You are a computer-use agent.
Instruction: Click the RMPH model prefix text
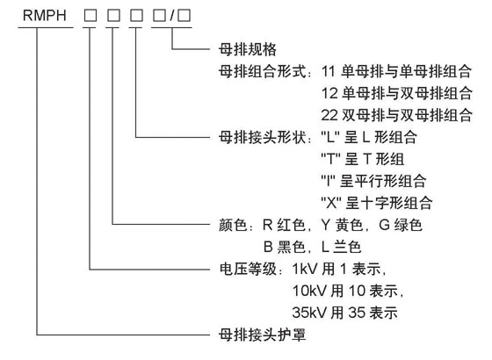pos(45,16)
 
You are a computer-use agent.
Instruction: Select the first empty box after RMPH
pos(90,16)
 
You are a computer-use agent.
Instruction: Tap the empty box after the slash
pos(184,16)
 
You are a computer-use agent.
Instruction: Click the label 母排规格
pos(248,49)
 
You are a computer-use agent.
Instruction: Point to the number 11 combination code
pos(329,71)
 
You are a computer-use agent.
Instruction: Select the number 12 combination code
pos(329,93)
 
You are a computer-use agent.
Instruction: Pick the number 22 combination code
pos(329,115)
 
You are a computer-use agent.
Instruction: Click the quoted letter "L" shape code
pos(330,137)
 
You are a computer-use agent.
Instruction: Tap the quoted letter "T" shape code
pos(330,159)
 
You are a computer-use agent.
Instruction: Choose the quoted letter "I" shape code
pos(329,181)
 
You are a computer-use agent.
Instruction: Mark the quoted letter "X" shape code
pos(331,203)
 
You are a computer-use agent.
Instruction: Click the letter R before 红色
pos(268,225)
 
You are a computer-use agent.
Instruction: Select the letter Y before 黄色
pos(326,225)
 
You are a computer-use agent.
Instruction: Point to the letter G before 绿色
pos(384,225)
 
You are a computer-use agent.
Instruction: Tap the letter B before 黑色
pos(268,247)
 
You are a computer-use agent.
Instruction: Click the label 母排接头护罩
pos(262,335)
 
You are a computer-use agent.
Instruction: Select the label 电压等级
pos(248,269)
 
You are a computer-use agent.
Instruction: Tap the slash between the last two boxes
pos(172,16)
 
